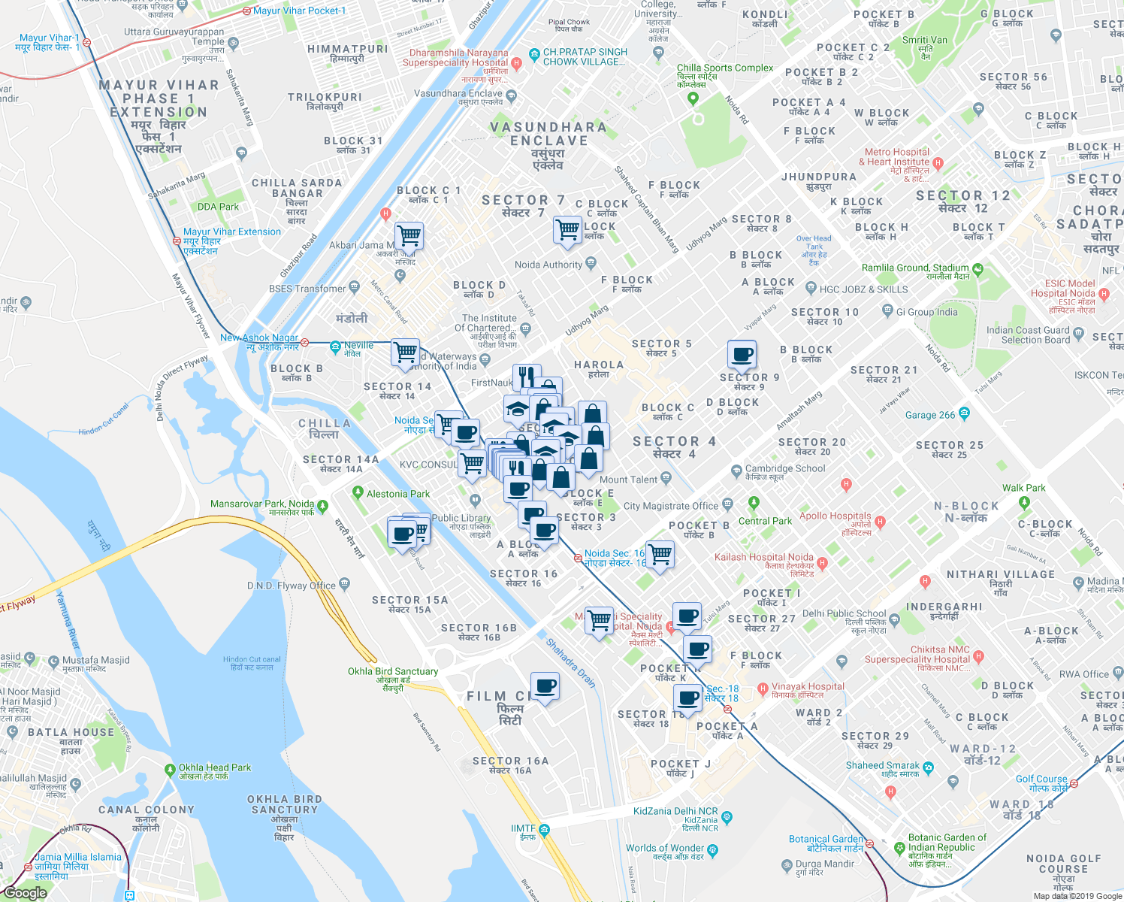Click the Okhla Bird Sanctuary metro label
tap(392, 671)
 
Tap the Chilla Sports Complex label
tap(724, 68)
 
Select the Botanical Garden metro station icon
tap(869, 843)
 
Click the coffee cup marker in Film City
tap(545, 686)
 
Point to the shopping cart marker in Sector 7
tap(567, 229)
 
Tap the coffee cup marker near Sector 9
tap(742, 354)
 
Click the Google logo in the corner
tap(25, 893)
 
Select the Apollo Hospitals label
tap(835, 516)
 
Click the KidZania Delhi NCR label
tap(675, 811)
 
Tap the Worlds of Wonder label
tap(665, 848)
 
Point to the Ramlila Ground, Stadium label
tap(914, 268)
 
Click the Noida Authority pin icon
tap(591, 263)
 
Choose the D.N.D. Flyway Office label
tap(292, 586)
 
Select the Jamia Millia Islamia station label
tap(77, 857)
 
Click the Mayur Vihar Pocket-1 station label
tap(299, 11)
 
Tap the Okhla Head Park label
tap(214, 767)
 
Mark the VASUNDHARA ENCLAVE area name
tap(548, 134)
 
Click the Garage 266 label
tap(930, 415)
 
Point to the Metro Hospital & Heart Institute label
tap(897, 156)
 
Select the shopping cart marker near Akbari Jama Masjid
tap(409, 236)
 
